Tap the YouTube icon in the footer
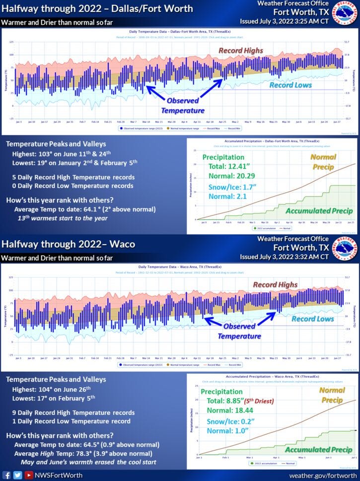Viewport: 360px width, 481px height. pyautogui.click(x=28, y=475)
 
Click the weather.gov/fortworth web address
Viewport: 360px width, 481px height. pyautogui.click(x=323, y=475)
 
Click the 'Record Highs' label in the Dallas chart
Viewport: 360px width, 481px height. pyautogui.click(x=241, y=51)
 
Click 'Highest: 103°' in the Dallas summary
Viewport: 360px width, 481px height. pyautogui.click(x=32, y=153)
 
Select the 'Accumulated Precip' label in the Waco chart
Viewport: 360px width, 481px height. pyautogui.click(x=318, y=450)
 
